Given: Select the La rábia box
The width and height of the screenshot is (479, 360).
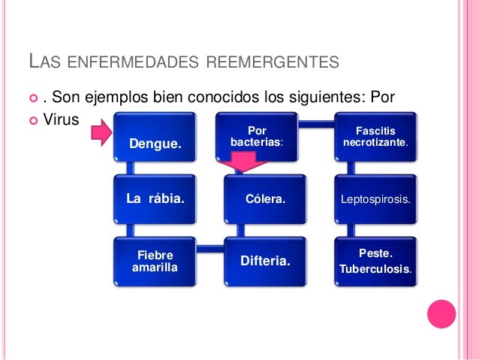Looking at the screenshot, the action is [155, 199].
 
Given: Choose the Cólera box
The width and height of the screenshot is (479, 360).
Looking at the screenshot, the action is [264, 200].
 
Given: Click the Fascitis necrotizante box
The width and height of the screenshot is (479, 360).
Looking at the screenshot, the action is [375, 137].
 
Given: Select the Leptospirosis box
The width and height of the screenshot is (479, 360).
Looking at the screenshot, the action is [375, 200].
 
